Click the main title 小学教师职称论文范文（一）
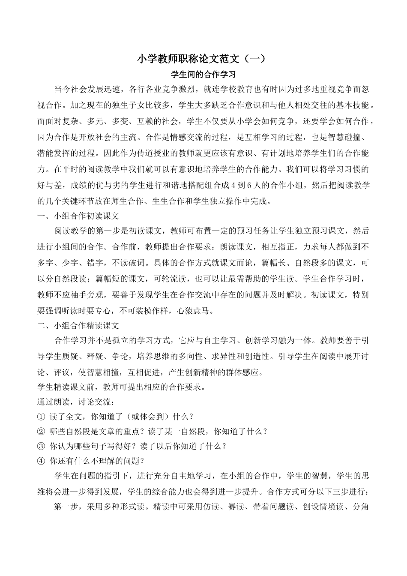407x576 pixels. tap(203, 59)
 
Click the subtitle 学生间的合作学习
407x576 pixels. tap(203, 74)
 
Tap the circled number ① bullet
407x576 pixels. tap(41, 416)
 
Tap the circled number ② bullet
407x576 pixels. tap(41, 431)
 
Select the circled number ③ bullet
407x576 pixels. tap(41, 446)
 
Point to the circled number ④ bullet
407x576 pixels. tap(41, 461)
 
